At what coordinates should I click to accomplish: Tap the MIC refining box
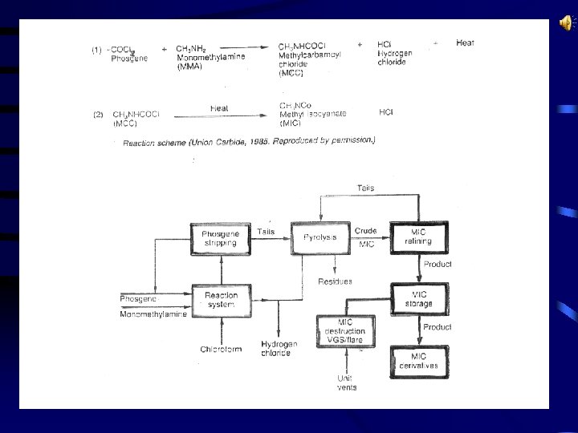(x=419, y=238)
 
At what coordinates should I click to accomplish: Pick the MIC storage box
(x=419, y=299)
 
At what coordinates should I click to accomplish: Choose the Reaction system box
(x=216, y=300)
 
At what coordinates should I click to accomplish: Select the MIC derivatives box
(x=419, y=361)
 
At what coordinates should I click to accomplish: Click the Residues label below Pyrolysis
(x=335, y=281)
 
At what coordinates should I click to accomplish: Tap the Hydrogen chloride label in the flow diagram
(x=279, y=349)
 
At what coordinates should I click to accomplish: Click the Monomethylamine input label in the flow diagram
(x=153, y=314)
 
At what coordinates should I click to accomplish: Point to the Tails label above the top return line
(x=365, y=188)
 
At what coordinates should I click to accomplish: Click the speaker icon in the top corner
(x=564, y=23)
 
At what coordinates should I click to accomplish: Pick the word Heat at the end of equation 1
(x=465, y=42)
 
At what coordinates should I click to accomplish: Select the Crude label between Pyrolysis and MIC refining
(x=365, y=232)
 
